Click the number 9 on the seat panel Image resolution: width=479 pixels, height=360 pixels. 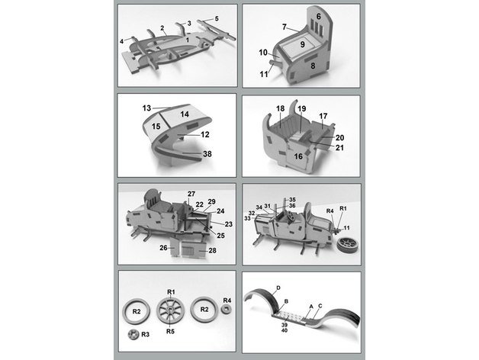pyautogui.click(x=302, y=44)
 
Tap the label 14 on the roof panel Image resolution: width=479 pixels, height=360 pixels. pyautogui.click(x=185, y=114)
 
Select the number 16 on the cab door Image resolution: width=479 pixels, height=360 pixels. pyautogui.click(x=298, y=156)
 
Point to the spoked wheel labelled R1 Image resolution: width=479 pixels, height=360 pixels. pyautogui.click(x=170, y=310)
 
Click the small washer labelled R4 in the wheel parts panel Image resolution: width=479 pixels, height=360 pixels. pyautogui.click(x=226, y=309)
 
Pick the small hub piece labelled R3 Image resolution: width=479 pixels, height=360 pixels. pyautogui.click(x=133, y=334)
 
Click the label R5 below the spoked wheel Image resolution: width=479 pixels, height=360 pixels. pyautogui.click(x=170, y=331)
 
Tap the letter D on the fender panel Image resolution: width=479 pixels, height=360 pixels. pyautogui.click(x=278, y=288)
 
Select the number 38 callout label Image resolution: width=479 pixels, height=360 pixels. pyautogui.click(x=207, y=154)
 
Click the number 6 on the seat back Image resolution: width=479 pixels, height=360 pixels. pyautogui.click(x=319, y=17)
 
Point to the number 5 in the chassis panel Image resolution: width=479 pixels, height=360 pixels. pyautogui.click(x=217, y=18)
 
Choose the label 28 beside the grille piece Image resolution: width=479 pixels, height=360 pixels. pyautogui.click(x=212, y=251)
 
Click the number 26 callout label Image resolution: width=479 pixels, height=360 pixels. pyautogui.click(x=163, y=248)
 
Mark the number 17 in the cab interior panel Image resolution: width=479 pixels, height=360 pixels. pyautogui.click(x=323, y=116)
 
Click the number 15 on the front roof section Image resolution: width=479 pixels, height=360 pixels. pyautogui.click(x=156, y=126)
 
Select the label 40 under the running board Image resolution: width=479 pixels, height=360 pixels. pyautogui.click(x=284, y=330)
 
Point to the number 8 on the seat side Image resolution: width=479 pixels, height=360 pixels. pyautogui.click(x=313, y=66)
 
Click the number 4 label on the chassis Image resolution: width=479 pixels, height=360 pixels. pyautogui.click(x=121, y=41)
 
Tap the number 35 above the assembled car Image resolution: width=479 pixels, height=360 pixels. pyautogui.click(x=292, y=200)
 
